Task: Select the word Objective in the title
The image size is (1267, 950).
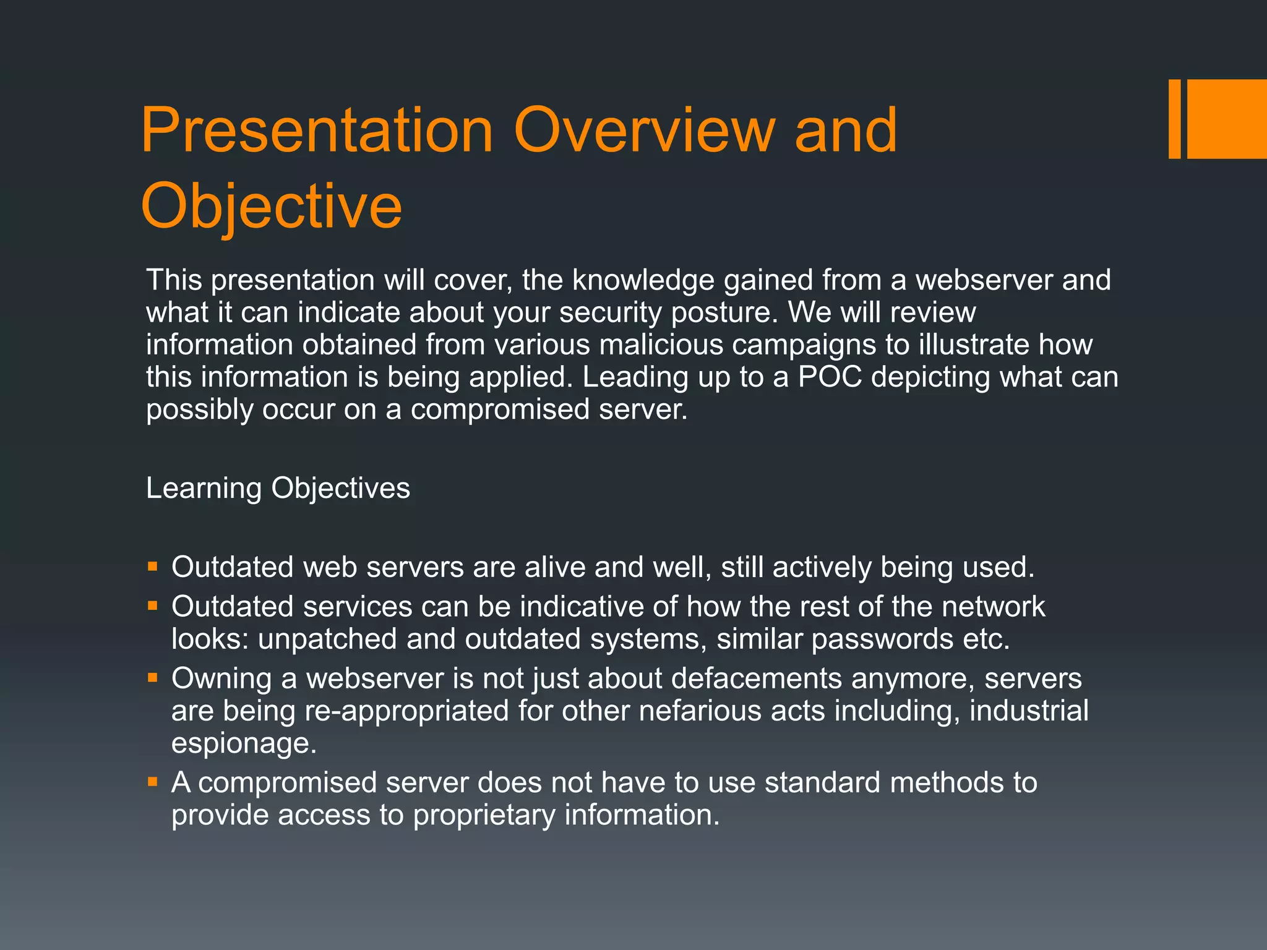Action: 271,206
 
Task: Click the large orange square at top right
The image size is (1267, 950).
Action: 1227,119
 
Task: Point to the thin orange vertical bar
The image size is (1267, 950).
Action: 1174,119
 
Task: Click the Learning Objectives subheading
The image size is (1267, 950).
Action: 278,488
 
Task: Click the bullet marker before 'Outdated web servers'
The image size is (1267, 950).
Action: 153,565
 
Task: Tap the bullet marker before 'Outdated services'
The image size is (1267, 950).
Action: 153,605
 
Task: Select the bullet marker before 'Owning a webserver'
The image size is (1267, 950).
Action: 153,677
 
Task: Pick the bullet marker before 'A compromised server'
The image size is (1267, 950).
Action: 153,781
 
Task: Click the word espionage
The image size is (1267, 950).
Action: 243,743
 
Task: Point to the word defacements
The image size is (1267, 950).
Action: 756,678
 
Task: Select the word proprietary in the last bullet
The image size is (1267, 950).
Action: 484,815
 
